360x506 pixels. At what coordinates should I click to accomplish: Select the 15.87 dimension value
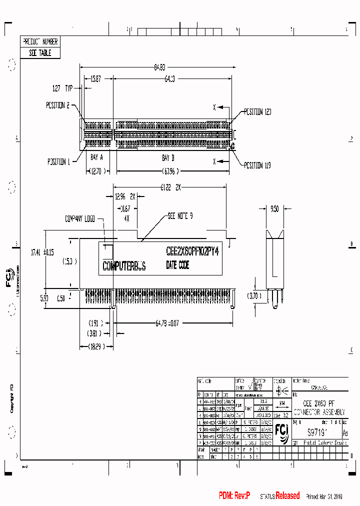(x=96, y=78)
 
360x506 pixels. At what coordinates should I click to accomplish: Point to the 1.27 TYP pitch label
(x=62, y=88)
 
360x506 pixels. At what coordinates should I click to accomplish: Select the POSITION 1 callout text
(x=58, y=161)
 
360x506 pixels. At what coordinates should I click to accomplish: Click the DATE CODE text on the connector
(x=177, y=265)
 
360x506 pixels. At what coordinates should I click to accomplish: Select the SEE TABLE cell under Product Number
(x=40, y=52)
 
